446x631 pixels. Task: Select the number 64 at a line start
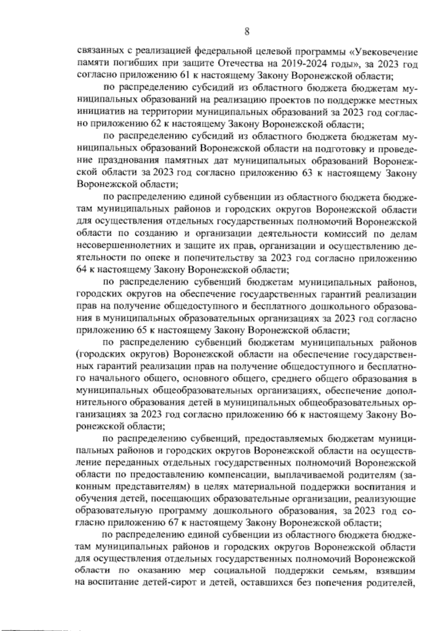tap(81, 269)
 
